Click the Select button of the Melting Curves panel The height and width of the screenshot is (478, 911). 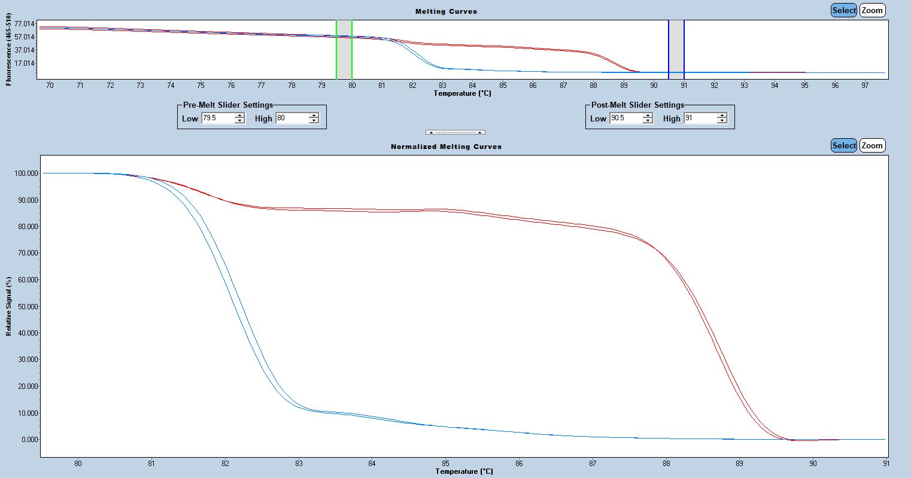(843, 10)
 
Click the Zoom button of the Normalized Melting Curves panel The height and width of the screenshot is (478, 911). (872, 145)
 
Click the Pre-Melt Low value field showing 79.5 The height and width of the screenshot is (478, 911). (217, 118)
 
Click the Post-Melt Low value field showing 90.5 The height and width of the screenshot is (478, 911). (625, 118)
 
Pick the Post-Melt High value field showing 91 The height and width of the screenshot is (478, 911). (700, 118)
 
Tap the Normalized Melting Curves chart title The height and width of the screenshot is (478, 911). (446, 147)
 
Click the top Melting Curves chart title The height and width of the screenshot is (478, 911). (446, 11)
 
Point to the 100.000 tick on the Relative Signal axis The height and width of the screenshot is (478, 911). (26, 173)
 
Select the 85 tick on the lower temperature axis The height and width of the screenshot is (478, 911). (445, 463)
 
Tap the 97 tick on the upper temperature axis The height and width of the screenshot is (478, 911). (865, 86)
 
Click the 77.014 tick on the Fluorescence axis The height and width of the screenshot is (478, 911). (26, 24)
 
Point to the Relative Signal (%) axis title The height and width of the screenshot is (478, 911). (9, 306)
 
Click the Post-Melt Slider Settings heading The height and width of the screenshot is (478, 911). (637, 105)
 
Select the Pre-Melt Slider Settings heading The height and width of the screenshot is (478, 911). (228, 105)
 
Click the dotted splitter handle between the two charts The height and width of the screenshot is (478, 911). (455, 132)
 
